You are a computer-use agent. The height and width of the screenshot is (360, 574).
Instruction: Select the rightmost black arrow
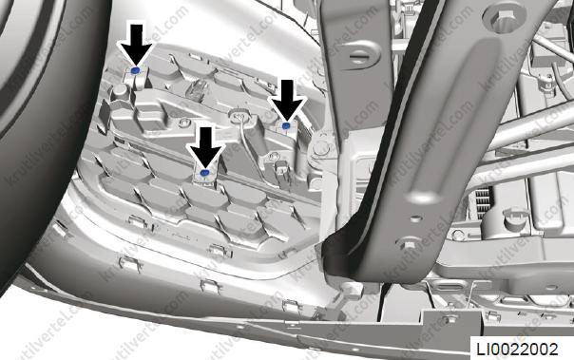[x=287, y=100]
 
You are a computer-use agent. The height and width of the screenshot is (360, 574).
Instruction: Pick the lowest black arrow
[x=205, y=147]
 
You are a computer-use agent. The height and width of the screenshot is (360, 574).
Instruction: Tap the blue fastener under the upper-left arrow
[x=136, y=70]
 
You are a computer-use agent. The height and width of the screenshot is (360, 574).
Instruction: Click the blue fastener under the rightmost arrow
[x=286, y=125]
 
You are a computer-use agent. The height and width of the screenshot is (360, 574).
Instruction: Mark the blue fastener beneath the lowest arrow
[x=204, y=174]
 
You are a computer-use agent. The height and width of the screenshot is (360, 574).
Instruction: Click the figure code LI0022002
[x=517, y=349]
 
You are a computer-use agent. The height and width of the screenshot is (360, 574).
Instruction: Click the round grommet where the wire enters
[x=239, y=115]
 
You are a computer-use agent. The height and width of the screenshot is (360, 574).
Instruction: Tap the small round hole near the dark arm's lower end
[x=415, y=218]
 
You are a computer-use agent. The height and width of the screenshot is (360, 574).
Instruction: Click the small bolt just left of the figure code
[x=448, y=320]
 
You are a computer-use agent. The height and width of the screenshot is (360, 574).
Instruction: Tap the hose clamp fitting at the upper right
[x=545, y=82]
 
